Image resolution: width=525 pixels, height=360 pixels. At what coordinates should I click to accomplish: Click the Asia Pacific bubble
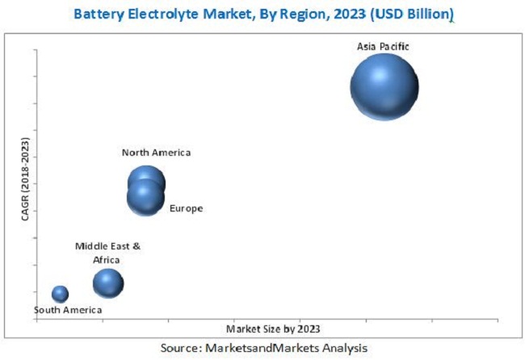(x=384, y=87)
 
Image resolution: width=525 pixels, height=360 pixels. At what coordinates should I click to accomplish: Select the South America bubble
(x=60, y=294)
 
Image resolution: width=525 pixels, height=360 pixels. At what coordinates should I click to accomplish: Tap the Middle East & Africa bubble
(x=107, y=283)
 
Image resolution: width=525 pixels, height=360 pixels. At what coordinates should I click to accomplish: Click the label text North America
(x=156, y=153)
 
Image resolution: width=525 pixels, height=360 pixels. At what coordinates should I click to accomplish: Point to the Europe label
(x=186, y=208)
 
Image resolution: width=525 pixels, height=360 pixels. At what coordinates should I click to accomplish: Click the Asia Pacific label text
(x=383, y=47)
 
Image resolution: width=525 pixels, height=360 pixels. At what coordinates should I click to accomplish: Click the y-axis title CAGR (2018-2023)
(x=25, y=180)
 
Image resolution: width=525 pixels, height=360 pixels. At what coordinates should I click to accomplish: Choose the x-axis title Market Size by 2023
(x=273, y=329)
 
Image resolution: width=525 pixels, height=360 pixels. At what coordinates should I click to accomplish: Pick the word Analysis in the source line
(x=342, y=347)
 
